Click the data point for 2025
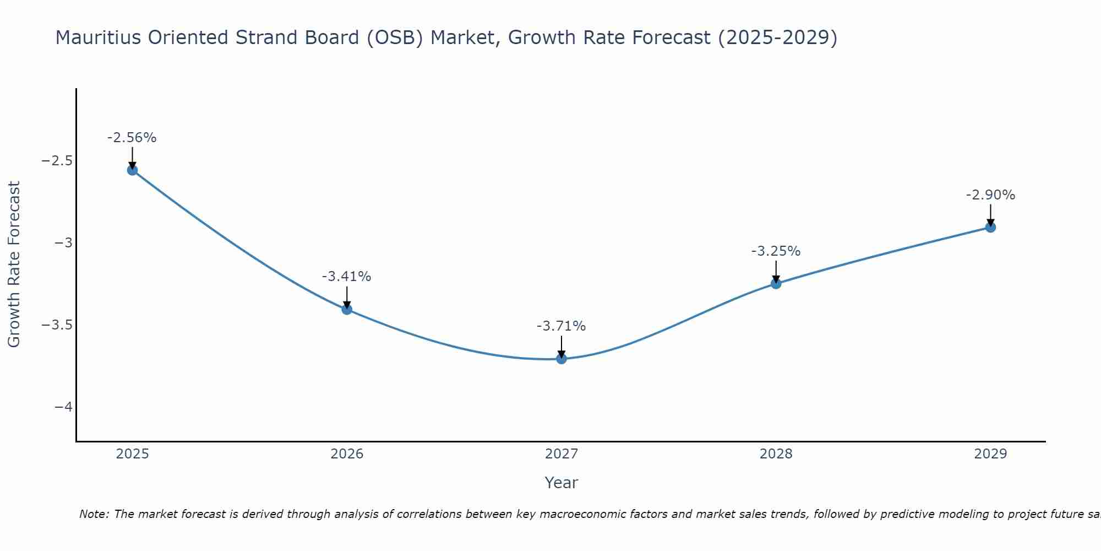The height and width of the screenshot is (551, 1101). pos(132,170)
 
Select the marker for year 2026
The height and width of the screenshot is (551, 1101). pos(347,309)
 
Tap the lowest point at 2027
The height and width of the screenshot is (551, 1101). pos(562,359)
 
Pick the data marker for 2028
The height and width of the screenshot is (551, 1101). pos(776,284)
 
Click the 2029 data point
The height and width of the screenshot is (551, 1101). pos(990,227)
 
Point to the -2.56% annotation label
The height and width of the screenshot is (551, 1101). pos(132,138)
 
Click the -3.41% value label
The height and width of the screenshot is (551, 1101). pos(347,277)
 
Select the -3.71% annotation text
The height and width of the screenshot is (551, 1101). pos(562,326)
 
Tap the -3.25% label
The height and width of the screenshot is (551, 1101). pos(776,251)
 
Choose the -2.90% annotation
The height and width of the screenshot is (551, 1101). pos(990,195)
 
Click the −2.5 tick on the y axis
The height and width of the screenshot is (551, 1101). pos(57,161)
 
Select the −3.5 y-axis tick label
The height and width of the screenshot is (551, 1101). pos(57,325)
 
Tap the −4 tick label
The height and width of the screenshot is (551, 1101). pos(64,407)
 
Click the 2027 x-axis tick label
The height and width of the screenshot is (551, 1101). pos(562,454)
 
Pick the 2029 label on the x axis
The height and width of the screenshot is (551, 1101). pos(990,454)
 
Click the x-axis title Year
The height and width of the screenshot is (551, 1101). pos(562,483)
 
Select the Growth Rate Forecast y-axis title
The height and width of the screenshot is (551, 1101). pos(14,264)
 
